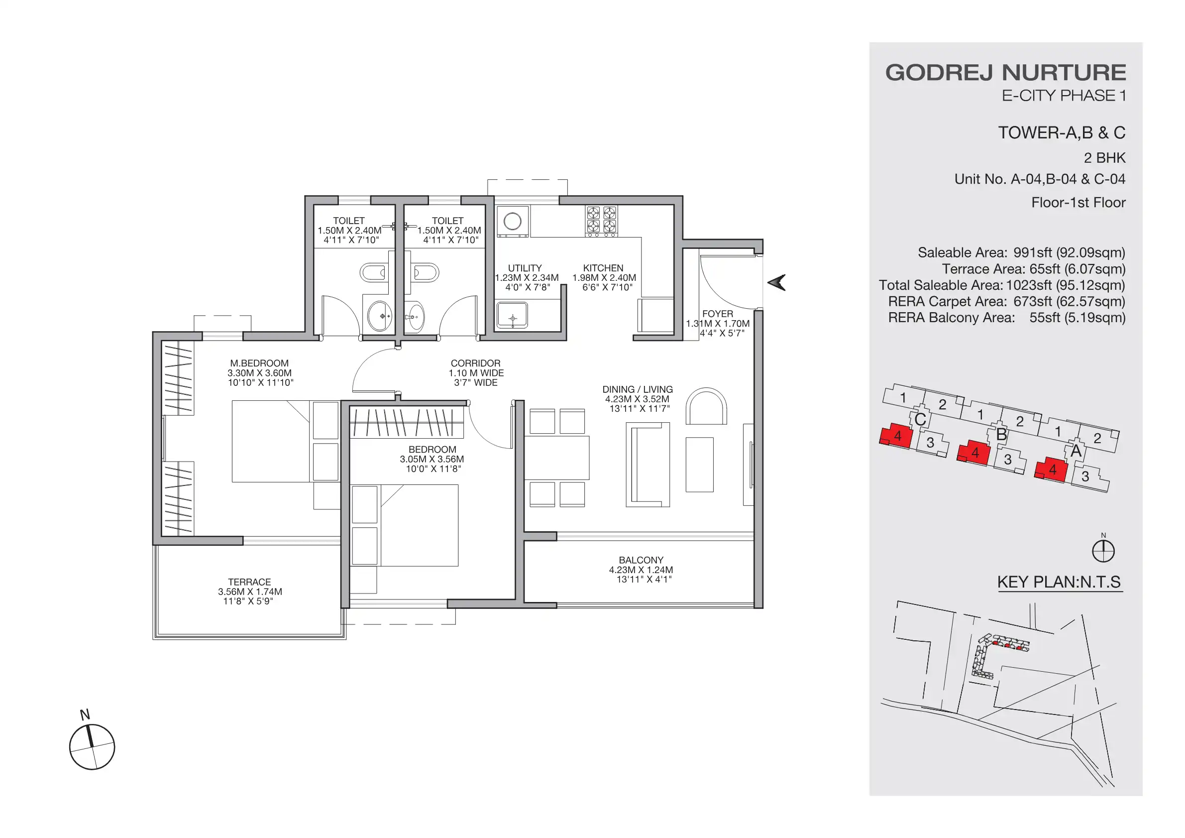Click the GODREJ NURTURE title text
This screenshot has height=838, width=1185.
pyautogui.click(x=1005, y=73)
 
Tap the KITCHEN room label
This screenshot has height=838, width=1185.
pyautogui.click(x=603, y=268)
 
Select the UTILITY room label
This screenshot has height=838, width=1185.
pyautogui.click(x=525, y=268)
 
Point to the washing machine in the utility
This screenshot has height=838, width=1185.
pyautogui.click(x=513, y=222)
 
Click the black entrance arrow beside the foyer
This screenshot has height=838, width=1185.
pyautogui.click(x=777, y=282)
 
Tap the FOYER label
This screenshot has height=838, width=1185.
pyautogui.click(x=717, y=314)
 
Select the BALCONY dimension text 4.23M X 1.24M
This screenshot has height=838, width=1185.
pyautogui.click(x=641, y=570)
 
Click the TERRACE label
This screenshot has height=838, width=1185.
pyautogui.click(x=249, y=582)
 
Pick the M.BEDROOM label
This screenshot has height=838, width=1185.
pyautogui.click(x=259, y=363)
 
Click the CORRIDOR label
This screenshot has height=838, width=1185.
pyautogui.click(x=475, y=363)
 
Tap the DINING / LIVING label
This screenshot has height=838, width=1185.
pyautogui.click(x=638, y=389)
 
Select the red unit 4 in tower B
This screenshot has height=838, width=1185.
pyautogui.click(x=974, y=452)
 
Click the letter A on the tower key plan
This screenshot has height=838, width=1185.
pyautogui.click(x=1076, y=451)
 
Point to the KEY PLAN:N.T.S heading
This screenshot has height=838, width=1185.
pyautogui.click(x=1059, y=582)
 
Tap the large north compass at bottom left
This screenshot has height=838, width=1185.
pyautogui.click(x=92, y=746)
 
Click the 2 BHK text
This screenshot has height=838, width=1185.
pyautogui.click(x=1104, y=158)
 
